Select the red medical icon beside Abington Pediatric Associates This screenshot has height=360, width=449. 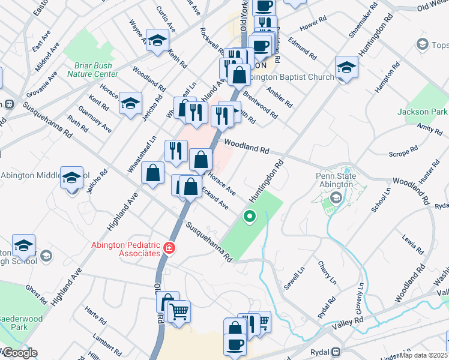point(170,248)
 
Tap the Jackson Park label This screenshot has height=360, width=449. point(422,112)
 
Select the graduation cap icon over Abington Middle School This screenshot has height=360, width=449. point(71,178)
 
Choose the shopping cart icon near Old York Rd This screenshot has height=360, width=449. point(178,312)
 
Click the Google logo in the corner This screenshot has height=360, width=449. point(19,353)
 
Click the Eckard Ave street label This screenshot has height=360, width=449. point(215,199)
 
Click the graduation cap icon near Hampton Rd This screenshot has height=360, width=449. point(346,67)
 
